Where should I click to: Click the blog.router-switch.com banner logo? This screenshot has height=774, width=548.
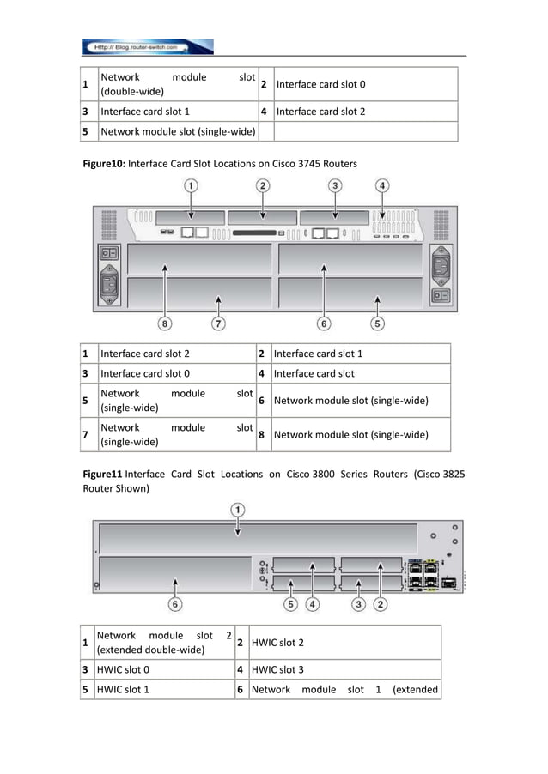tap(147, 46)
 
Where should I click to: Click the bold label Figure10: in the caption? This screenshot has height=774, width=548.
tap(104, 163)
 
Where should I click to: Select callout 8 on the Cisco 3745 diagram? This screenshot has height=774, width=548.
tap(164, 324)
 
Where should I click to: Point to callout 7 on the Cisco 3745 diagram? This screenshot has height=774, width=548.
tap(219, 324)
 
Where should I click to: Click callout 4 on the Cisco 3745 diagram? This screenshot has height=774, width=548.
tap(382, 184)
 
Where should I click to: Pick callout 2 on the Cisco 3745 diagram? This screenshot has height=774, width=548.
tap(263, 184)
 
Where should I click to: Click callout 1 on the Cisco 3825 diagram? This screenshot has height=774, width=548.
tap(237, 510)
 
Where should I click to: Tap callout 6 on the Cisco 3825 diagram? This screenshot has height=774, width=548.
tap(175, 604)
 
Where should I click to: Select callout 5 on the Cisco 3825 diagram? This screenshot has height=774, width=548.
tap(291, 604)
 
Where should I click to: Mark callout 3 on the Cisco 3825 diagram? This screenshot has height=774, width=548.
tap(358, 604)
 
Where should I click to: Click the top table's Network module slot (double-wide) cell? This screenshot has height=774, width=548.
tap(178, 84)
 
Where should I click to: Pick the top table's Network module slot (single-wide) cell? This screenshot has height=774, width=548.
tap(178, 131)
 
